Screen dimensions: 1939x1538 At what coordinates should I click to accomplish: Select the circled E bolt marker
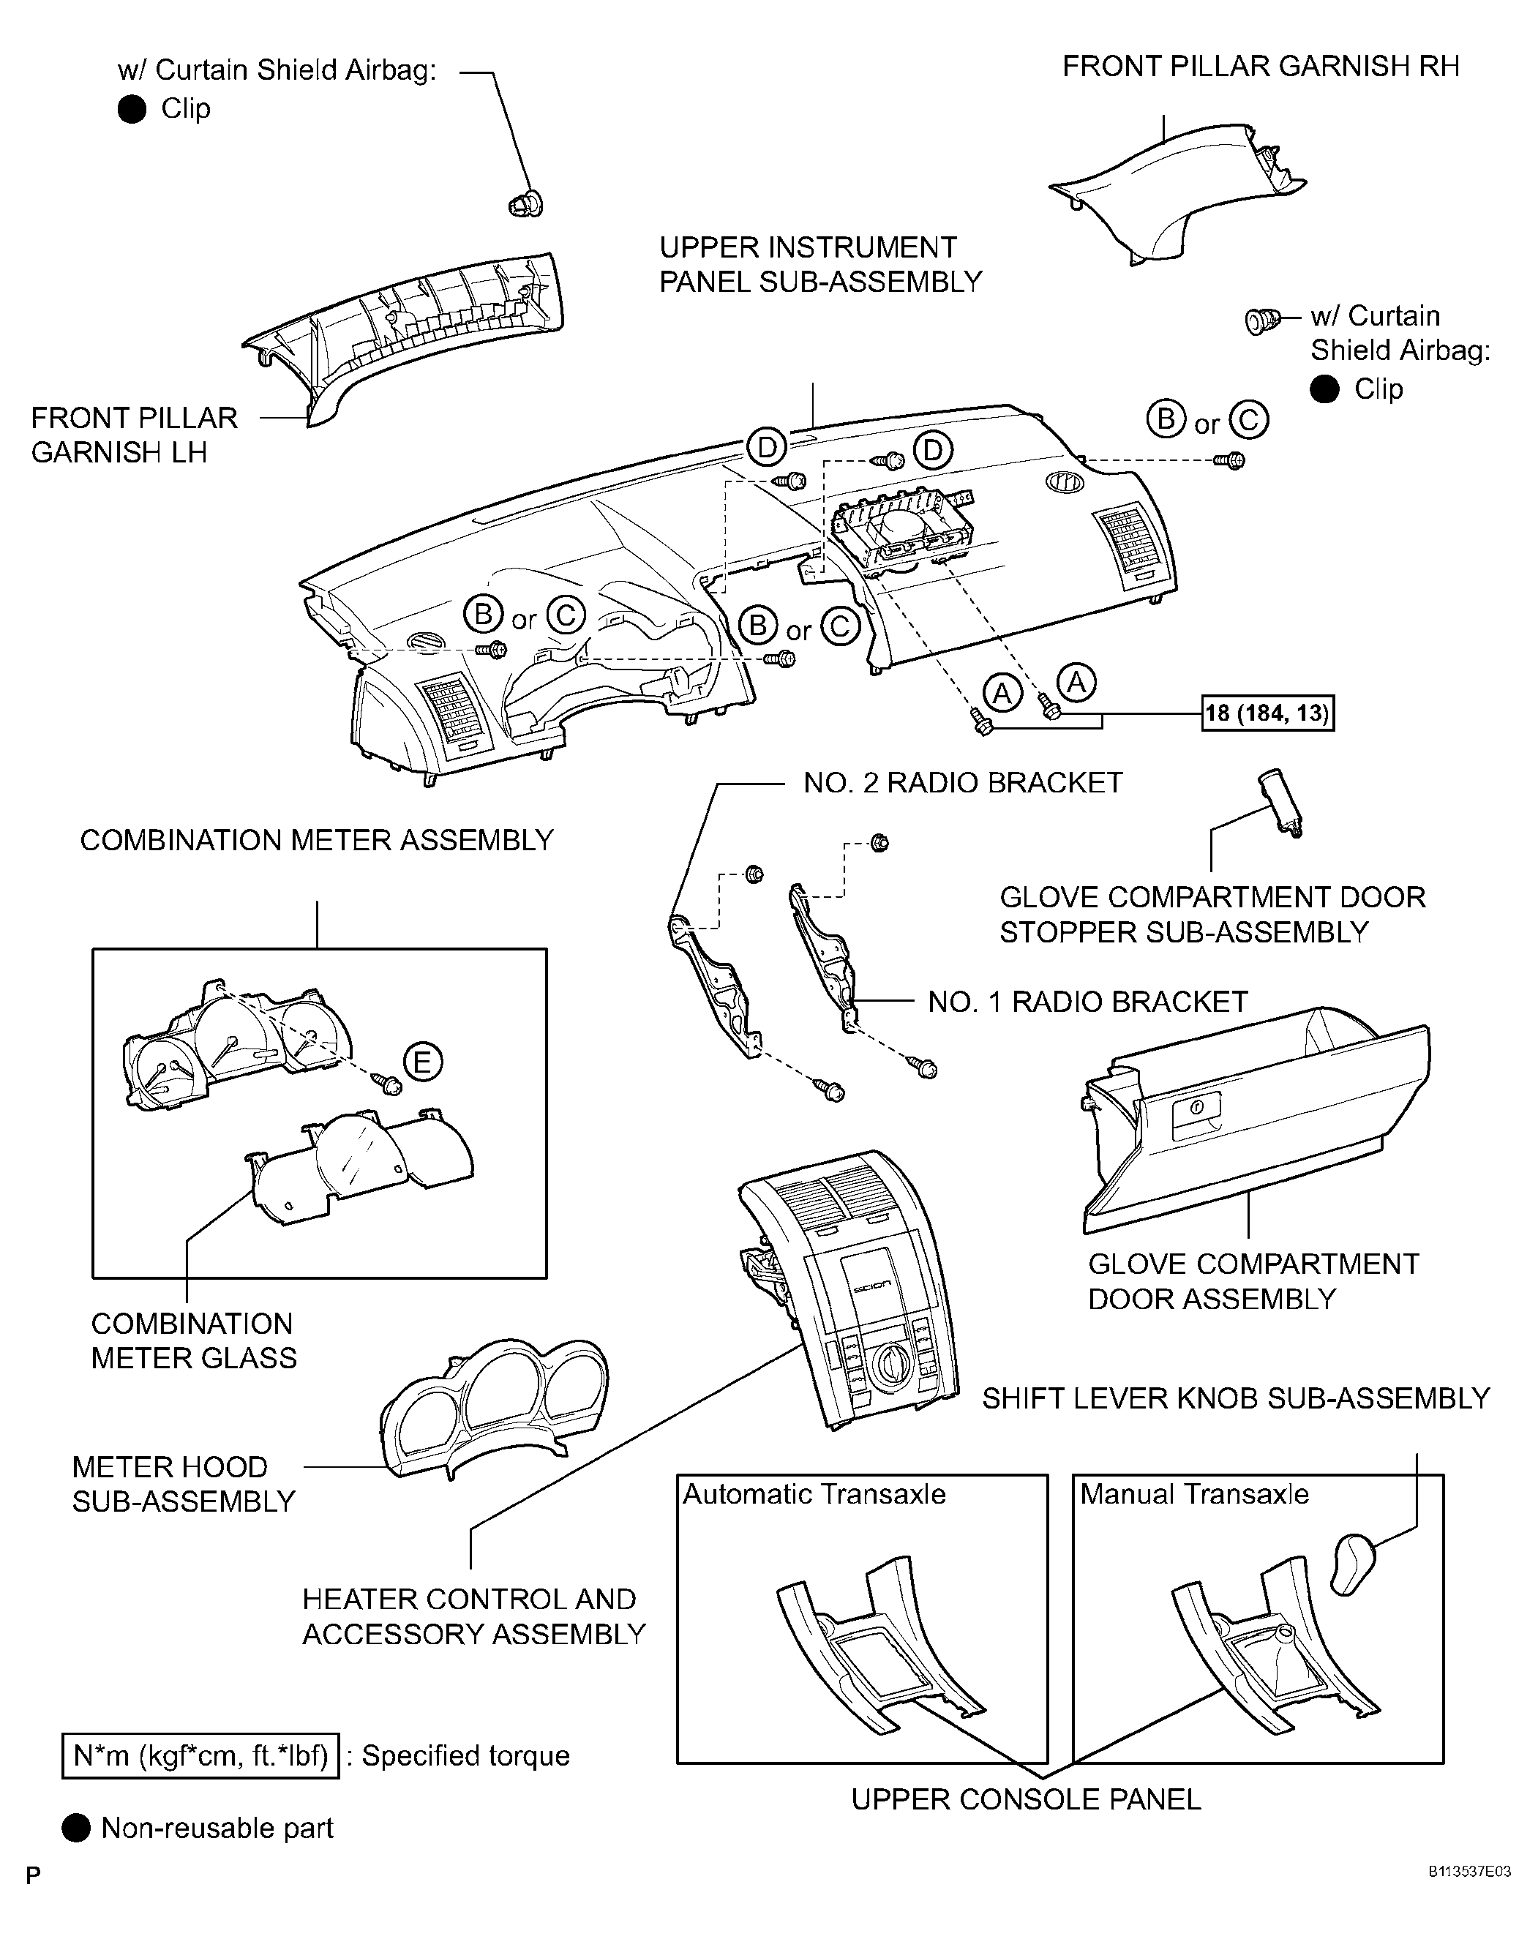click(422, 1062)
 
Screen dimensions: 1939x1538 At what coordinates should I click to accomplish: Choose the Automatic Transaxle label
click(814, 1494)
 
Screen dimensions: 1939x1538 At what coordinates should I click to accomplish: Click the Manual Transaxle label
click(1193, 1494)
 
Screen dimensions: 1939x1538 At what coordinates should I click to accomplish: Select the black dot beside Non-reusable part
click(76, 1828)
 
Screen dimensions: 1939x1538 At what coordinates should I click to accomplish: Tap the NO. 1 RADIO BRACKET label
click(1087, 1002)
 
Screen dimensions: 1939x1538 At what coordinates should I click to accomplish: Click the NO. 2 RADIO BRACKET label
click(962, 782)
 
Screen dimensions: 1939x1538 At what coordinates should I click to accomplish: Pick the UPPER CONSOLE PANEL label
click(1025, 1799)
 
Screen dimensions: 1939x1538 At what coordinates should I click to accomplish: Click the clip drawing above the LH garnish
click(525, 204)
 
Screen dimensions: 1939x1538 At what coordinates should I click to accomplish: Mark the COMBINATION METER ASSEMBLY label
click(317, 840)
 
